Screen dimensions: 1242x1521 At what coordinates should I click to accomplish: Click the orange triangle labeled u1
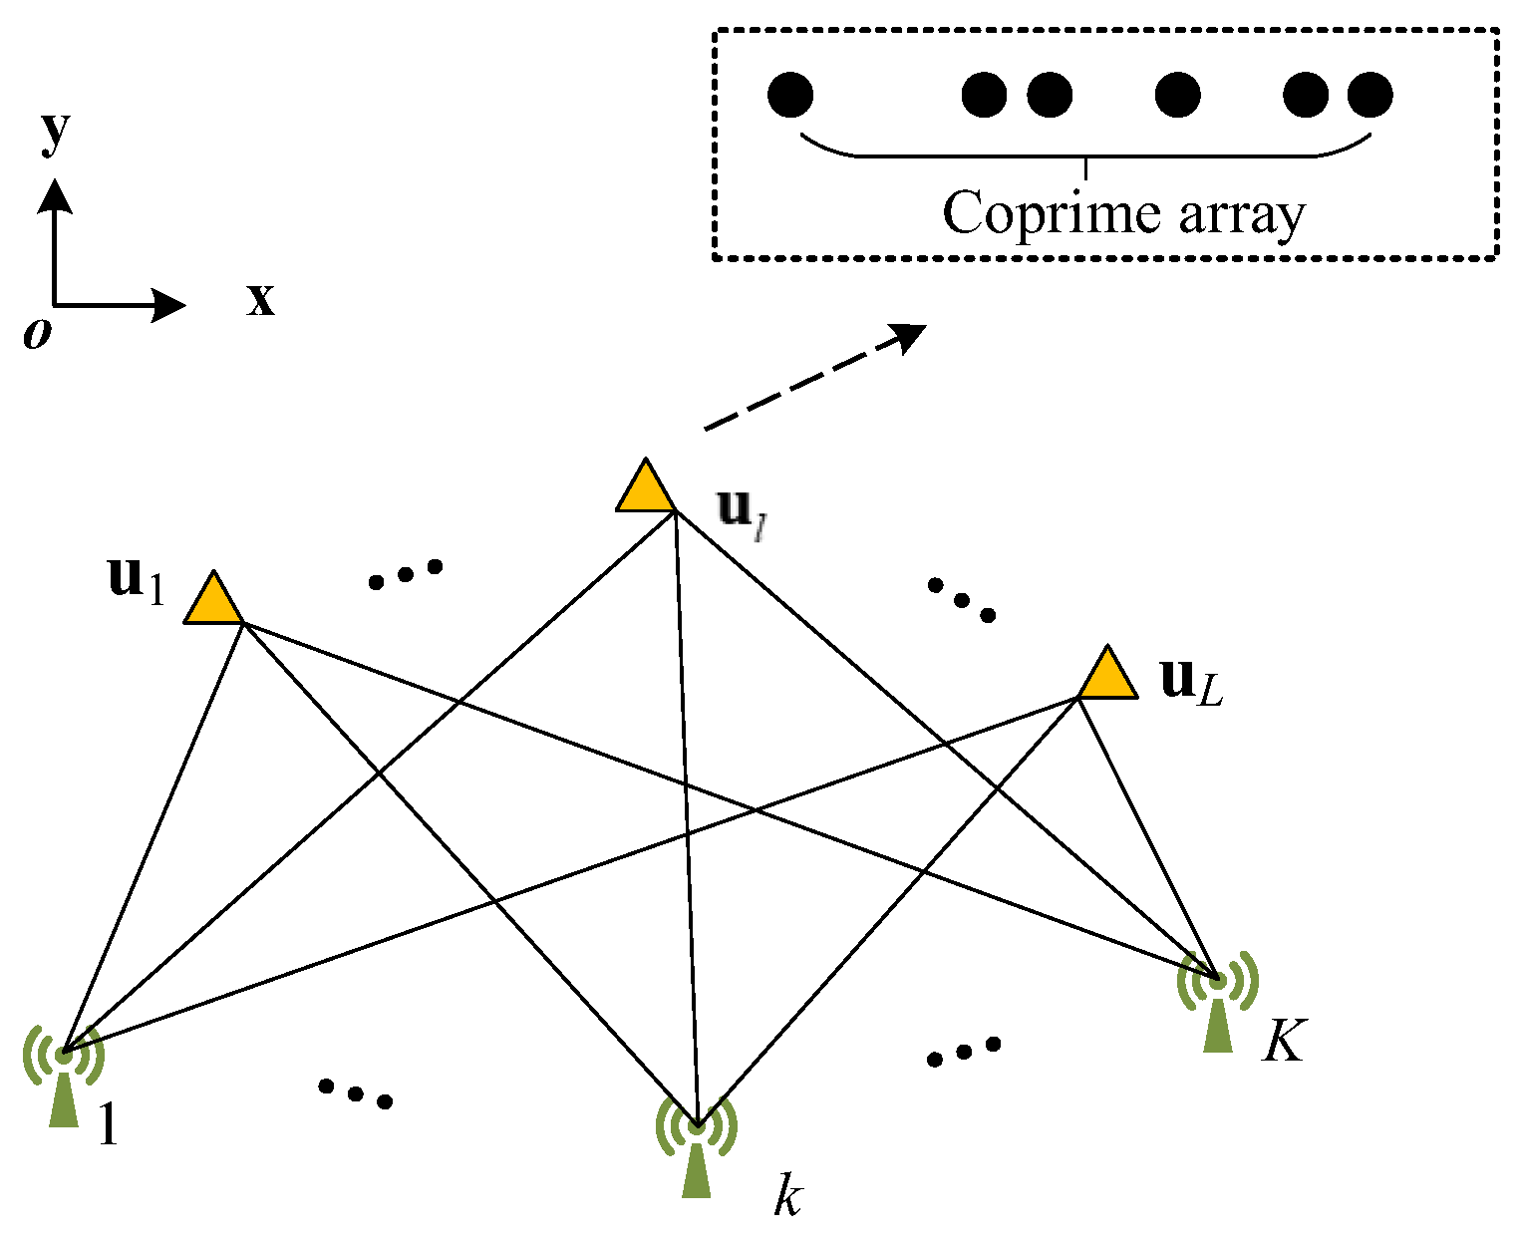[x=213, y=601]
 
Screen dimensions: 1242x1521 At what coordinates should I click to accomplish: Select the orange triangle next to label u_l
[x=646, y=488]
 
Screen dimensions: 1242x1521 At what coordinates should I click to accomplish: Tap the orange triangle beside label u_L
[x=1107, y=676]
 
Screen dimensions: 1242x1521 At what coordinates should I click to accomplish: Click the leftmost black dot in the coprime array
[x=790, y=96]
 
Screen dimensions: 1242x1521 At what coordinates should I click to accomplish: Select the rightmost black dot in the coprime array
[x=1369, y=96]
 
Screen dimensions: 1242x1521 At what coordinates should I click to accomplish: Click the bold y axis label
[x=56, y=132]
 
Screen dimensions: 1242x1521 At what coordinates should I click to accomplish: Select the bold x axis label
[x=260, y=298]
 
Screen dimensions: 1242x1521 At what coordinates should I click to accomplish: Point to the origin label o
[x=37, y=335]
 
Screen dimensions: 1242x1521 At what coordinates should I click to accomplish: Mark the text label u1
[x=135, y=580]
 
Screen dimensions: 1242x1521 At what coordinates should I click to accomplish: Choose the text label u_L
[x=1191, y=682]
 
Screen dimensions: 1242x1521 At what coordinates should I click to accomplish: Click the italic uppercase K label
[x=1283, y=1042]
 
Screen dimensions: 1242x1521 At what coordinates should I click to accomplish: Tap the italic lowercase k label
[x=787, y=1196]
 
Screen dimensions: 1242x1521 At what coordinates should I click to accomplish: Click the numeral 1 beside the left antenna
[x=107, y=1126]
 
